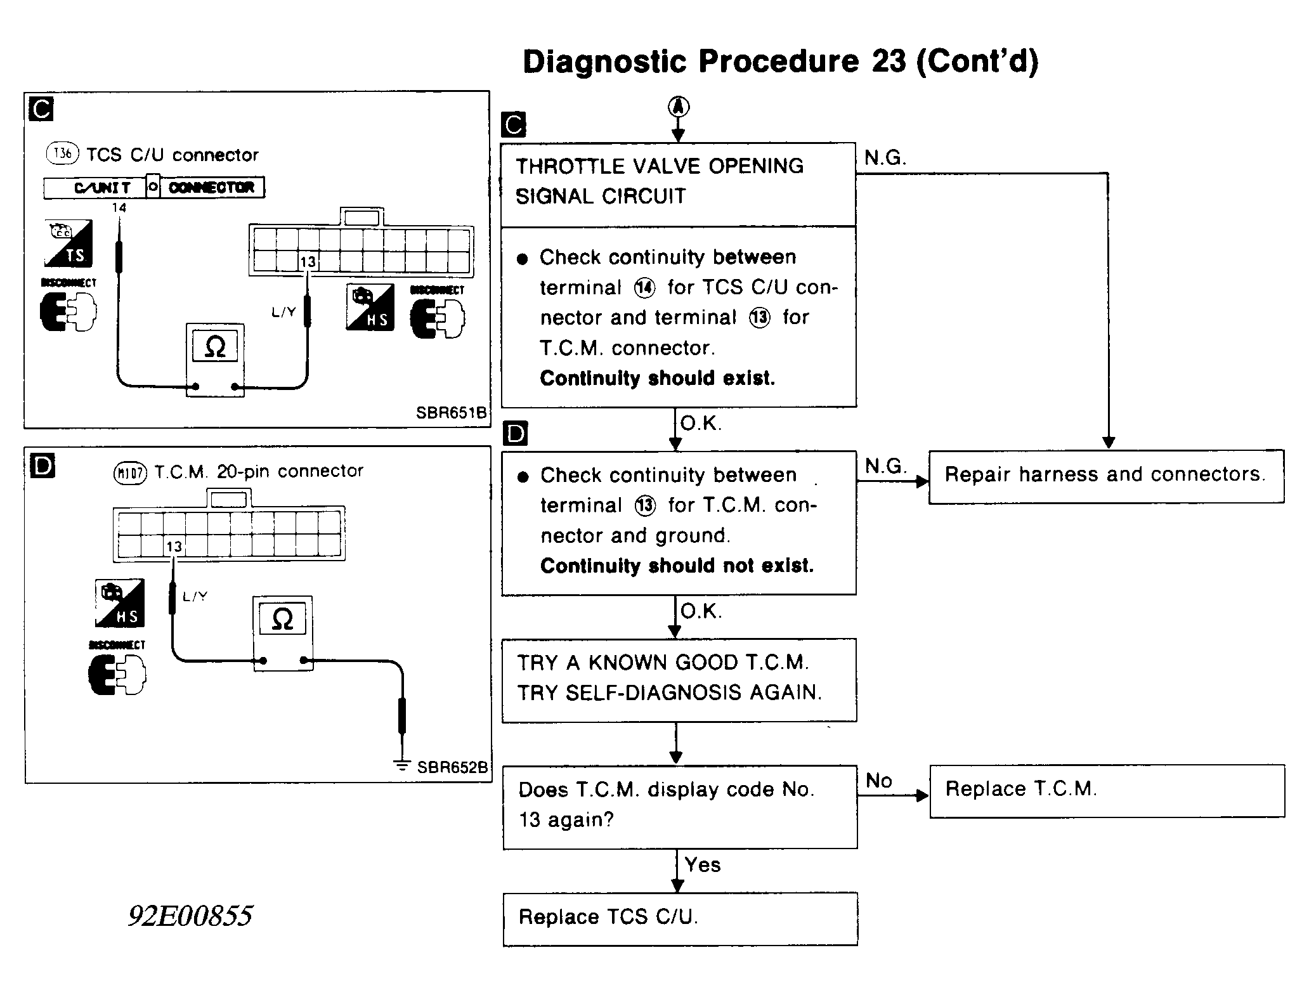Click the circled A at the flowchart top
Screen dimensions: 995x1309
coord(678,107)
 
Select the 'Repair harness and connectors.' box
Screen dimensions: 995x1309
coord(1105,476)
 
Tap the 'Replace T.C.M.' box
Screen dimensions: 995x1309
coord(1106,790)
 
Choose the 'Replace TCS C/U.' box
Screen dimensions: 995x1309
coord(679,918)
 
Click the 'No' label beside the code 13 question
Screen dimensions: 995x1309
coord(879,781)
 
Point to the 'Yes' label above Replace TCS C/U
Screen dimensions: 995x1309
coord(703,865)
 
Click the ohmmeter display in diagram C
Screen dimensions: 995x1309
coord(215,347)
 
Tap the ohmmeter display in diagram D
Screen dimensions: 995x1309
coord(282,619)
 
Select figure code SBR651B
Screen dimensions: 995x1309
coord(451,413)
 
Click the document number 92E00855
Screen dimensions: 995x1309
coord(190,916)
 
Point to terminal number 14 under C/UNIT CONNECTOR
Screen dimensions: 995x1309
coord(119,208)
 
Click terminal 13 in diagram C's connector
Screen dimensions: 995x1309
coord(308,261)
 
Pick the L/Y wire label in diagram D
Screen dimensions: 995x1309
coord(195,597)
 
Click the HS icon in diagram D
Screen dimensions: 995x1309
coord(119,603)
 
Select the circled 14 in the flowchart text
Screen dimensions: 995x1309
coord(644,288)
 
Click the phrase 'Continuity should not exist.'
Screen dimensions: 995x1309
coord(677,566)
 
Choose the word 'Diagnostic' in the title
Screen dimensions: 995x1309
coord(604,62)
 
